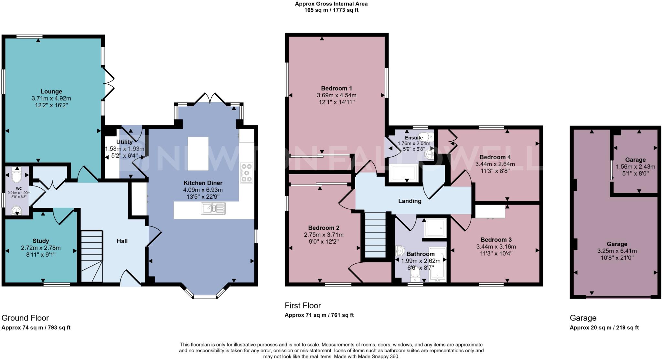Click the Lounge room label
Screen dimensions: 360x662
pos(51,91)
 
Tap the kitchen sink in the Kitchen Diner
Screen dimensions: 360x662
pos(213,208)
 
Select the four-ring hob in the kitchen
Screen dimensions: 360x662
pos(246,173)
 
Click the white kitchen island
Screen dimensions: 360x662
pos(198,154)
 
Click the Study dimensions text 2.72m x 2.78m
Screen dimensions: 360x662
pos(41,248)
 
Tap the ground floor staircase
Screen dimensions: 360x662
pos(91,256)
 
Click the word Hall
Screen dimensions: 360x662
pos(122,241)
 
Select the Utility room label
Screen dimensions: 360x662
pos(124,142)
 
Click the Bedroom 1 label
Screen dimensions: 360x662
pos(336,88)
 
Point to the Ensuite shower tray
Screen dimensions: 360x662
pos(404,173)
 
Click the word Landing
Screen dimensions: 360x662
pos(410,201)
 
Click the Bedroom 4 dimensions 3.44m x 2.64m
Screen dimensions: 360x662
pos(495,164)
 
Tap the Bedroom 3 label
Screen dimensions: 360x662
pos(496,239)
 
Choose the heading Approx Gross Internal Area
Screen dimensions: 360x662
pos(331,4)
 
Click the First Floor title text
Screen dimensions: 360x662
pos(303,305)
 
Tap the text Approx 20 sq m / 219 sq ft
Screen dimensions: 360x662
pos(604,327)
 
